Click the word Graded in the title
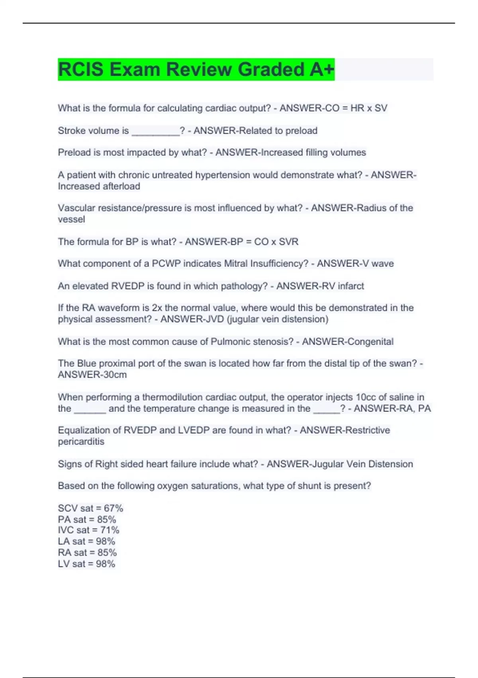pyautogui.click(x=271, y=69)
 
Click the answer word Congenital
pyautogui.click(x=370, y=341)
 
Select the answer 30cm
pyautogui.click(x=115, y=374)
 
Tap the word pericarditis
pyautogui.click(x=81, y=441)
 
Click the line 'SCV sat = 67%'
pyautogui.click(x=90, y=508)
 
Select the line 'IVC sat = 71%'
pyautogui.click(x=88, y=530)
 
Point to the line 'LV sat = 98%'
pyautogui.click(x=86, y=564)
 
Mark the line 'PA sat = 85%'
pyautogui.click(x=87, y=519)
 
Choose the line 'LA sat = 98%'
pyautogui.click(x=86, y=541)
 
